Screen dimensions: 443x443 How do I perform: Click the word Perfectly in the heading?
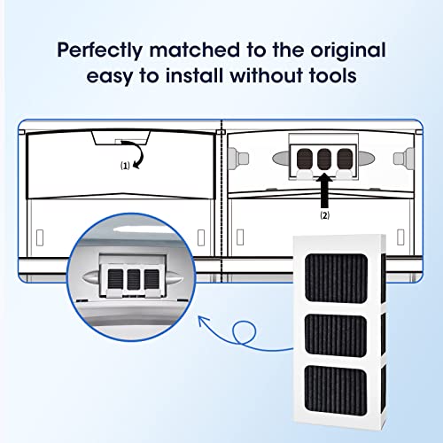99,51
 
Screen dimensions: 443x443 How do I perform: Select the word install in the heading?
194,75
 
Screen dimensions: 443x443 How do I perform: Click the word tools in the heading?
333,75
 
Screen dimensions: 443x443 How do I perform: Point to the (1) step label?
125,166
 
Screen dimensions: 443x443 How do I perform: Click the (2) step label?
325,215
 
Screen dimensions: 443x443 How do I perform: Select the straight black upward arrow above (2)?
324,190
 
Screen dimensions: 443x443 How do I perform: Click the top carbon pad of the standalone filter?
337,278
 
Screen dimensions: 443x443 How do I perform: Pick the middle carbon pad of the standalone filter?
336,334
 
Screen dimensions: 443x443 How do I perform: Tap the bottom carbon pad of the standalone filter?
336,391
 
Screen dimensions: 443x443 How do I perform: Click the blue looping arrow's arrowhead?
203,321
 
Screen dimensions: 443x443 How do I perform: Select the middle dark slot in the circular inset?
134,279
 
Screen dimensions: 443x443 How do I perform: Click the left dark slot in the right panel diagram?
305,159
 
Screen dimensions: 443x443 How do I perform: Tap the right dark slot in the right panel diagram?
345,159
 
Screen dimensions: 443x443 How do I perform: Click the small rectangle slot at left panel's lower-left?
40,237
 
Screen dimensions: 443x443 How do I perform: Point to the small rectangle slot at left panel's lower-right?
201,237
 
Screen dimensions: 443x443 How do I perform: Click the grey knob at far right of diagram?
404,159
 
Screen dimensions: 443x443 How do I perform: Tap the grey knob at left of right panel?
238,159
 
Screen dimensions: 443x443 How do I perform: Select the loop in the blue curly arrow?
244,332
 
